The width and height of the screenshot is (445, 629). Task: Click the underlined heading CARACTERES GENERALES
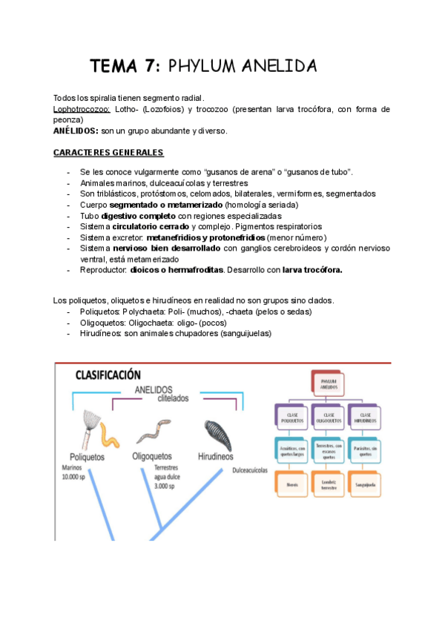click(x=108, y=152)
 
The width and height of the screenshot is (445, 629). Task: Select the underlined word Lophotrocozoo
click(x=82, y=109)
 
